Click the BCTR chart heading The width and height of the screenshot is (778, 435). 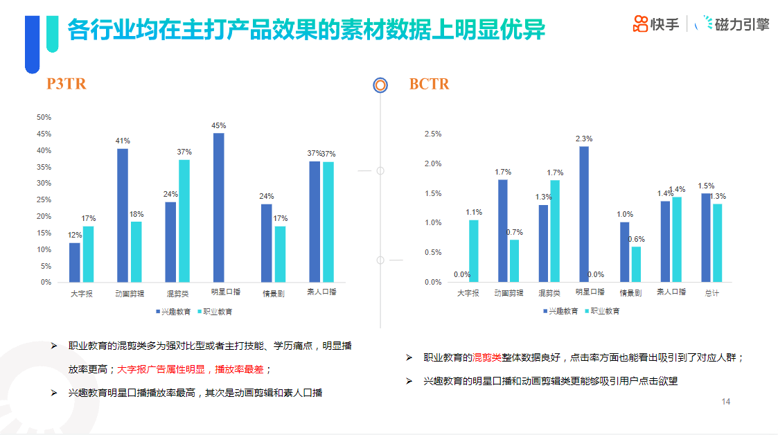point(429,85)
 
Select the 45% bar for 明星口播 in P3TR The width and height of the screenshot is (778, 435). point(218,208)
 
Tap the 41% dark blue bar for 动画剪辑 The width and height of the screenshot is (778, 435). point(123,215)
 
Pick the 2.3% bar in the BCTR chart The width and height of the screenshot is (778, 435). point(584,214)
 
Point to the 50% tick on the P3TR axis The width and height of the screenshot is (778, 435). point(44,117)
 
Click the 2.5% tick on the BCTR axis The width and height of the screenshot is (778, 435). point(432,134)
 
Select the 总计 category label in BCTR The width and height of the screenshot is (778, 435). point(711,293)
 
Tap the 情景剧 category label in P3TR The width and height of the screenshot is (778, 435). point(273,293)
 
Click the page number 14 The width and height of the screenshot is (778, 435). point(726,402)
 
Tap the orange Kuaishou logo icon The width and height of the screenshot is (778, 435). point(640,24)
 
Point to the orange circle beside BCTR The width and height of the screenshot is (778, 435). point(380,85)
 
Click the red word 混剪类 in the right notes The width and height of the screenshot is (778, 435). point(487,357)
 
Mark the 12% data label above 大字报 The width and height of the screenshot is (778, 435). point(74,236)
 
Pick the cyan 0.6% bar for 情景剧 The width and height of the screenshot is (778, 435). point(636,264)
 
